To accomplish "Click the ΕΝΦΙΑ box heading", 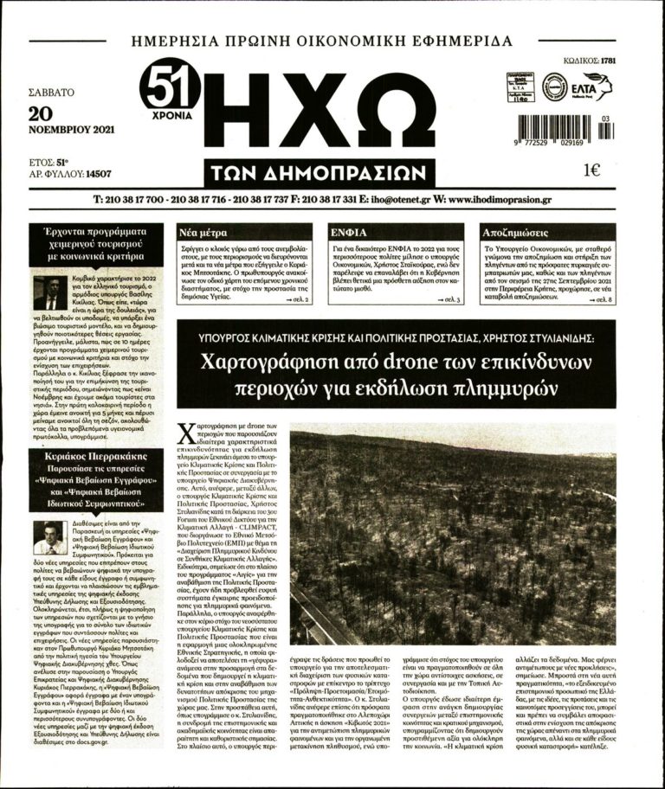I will [x=349, y=232].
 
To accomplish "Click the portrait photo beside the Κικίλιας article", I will [x=49, y=292].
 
